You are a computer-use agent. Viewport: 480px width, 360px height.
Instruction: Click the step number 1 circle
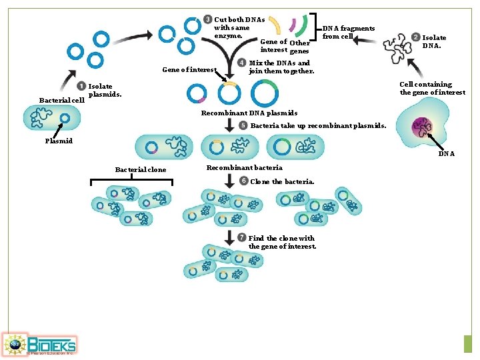point(81,86)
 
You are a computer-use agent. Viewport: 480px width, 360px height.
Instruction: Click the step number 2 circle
point(415,37)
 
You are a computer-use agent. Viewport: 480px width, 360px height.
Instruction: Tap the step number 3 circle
point(208,19)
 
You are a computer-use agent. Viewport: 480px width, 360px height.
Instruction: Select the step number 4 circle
point(241,63)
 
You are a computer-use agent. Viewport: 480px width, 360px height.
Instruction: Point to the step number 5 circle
point(243,125)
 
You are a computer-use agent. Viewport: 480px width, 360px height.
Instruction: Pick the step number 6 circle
point(243,181)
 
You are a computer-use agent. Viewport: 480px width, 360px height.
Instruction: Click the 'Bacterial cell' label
point(61,100)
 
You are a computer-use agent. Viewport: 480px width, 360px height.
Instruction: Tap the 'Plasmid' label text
point(59,141)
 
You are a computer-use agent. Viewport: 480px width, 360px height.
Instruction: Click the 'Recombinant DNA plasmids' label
point(249,113)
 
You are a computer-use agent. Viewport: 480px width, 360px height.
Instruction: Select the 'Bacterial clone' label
point(141,169)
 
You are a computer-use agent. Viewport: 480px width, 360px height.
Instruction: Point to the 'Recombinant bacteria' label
point(244,167)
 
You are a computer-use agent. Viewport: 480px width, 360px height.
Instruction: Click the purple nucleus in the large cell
point(422,127)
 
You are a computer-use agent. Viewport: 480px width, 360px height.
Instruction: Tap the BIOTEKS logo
point(40,345)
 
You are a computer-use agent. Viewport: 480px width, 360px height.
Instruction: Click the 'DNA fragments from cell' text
point(348,32)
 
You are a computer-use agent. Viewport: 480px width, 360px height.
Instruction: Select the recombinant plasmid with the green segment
point(264,94)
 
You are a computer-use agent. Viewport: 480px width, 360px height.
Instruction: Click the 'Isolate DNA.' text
point(434,42)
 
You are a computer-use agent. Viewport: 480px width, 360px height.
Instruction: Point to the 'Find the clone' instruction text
point(281,242)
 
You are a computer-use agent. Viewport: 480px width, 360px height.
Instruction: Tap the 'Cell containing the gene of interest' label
point(432,88)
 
